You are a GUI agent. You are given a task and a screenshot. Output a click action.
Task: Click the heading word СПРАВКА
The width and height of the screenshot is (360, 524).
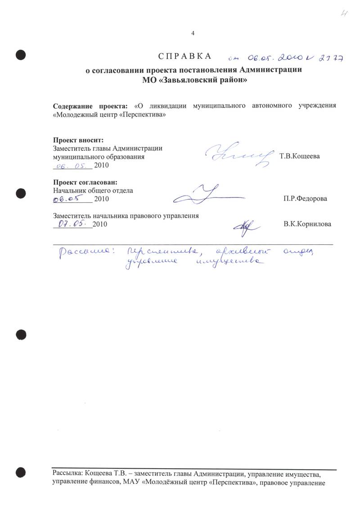click(x=184, y=56)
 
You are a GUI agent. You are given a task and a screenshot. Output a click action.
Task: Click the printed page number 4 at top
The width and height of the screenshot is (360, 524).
click(x=193, y=34)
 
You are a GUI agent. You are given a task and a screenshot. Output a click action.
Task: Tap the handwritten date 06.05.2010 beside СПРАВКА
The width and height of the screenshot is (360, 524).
click(x=269, y=57)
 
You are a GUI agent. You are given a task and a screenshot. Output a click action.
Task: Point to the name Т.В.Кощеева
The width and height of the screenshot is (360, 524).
click(x=300, y=157)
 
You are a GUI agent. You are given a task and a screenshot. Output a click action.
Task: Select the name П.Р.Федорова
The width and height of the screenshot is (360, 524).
click(x=306, y=198)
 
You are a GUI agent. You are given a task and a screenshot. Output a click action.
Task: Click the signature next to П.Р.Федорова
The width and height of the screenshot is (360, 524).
click(x=207, y=195)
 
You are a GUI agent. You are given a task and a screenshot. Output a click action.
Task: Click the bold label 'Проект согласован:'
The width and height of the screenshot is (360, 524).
click(x=85, y=182)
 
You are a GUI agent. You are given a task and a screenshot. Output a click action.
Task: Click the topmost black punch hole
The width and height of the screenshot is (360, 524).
click(x=20, y=55)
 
